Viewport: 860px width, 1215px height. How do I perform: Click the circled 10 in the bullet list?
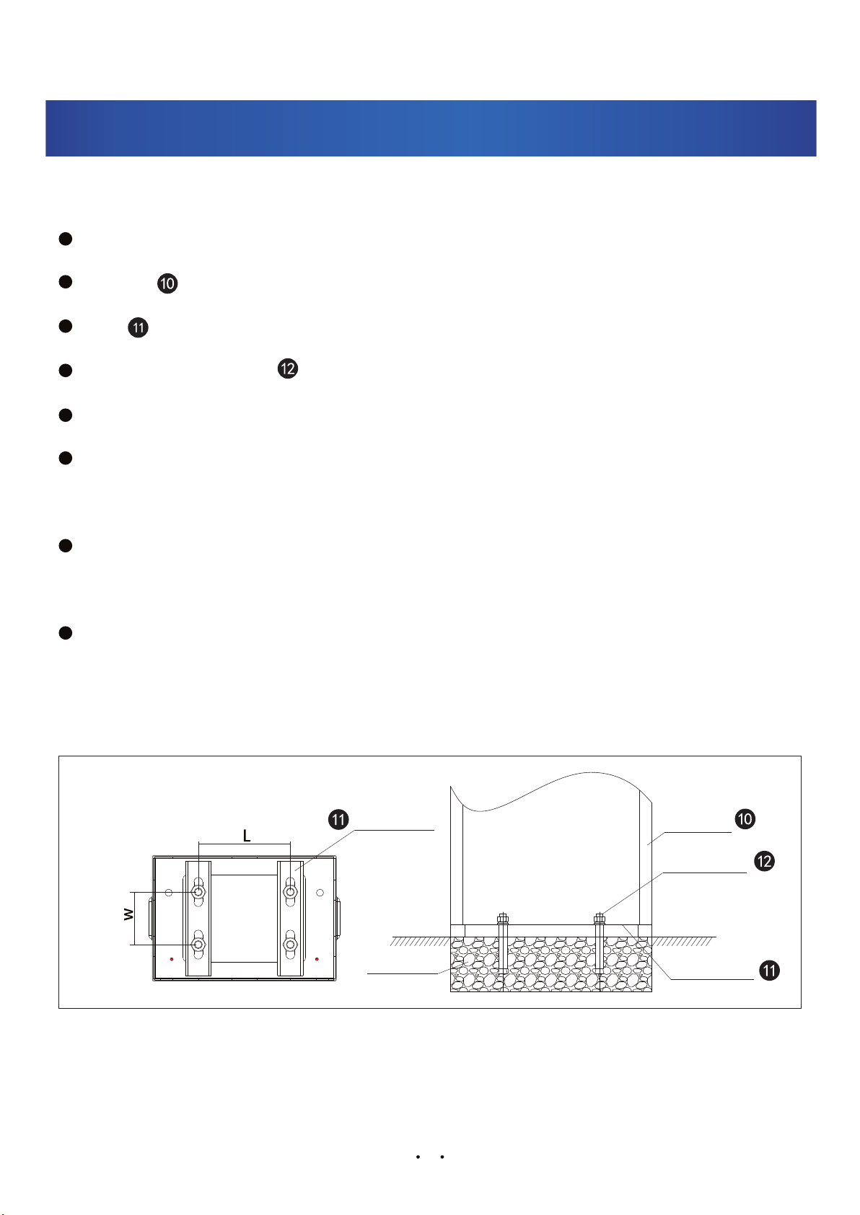[x=167, y=283]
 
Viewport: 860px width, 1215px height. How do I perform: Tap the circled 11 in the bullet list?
[x=138, y=327]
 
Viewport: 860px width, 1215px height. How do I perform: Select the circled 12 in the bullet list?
[x=287, y=368]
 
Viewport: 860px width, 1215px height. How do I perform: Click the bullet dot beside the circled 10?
[x=65, y=283]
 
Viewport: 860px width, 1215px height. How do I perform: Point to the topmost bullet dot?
[x=65, y=239]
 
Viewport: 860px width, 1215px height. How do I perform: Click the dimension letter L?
[x=246, y=836]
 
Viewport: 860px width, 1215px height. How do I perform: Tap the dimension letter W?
[x=128, y=914]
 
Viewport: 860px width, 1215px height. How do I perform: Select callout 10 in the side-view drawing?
[x=745, y=818]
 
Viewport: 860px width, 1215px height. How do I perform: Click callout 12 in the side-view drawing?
[x=764, y=861]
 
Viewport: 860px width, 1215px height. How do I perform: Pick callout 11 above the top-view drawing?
[x=338, y=820]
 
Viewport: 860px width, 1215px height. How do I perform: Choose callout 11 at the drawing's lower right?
[x=770, y=971]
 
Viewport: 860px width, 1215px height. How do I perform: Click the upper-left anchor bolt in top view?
[x=198, y=893]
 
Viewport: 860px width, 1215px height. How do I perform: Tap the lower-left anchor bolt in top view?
[x=198, y=944]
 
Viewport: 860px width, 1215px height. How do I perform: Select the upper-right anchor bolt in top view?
[x=290, y=893]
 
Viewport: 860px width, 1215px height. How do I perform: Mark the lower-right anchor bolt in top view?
[x=290, y=944]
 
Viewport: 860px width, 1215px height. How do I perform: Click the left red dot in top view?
[x=172, y=959]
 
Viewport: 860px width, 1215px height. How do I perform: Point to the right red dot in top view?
[x=317, y=959]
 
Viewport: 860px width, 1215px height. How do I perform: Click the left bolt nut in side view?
[x=503, y=919]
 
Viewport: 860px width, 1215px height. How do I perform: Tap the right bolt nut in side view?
[x=599, y=919]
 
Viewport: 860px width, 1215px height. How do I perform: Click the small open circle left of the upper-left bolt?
[x=169, y=893]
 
